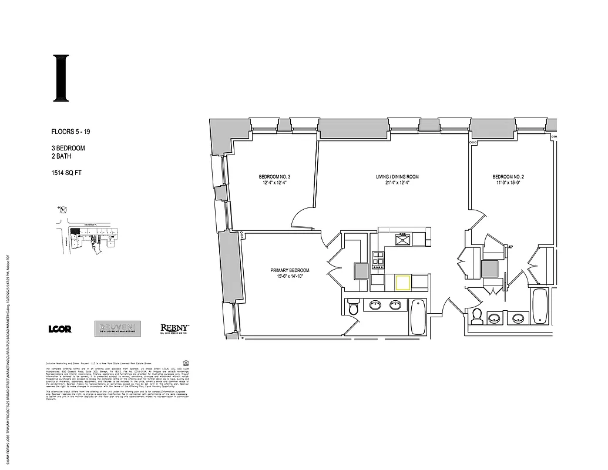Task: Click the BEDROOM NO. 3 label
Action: click(274, 180)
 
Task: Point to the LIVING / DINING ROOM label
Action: click(397, 180)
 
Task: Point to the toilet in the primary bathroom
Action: click(353, 308)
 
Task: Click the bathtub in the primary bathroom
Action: click(418, 317)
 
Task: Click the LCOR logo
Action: click(60, 329)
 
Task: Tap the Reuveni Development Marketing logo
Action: click(119, 329)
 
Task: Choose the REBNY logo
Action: click(174, 329)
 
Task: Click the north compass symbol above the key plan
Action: click(63, 209)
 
